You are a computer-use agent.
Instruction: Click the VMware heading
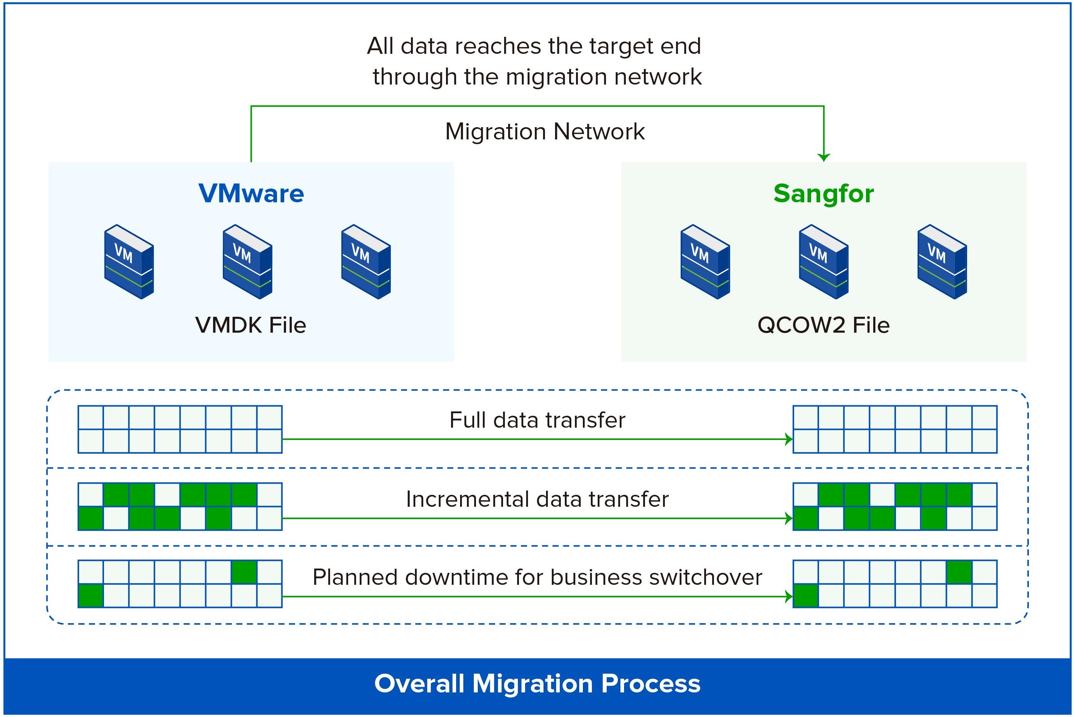251,193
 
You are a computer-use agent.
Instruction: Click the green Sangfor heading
823,193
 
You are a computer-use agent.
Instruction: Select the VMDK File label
251,325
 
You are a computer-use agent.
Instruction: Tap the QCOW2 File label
823,325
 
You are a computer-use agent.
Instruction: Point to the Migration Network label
545,132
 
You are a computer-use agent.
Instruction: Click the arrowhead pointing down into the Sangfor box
823,157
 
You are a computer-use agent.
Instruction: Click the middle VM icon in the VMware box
247,262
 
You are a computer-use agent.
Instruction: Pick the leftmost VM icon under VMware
129,262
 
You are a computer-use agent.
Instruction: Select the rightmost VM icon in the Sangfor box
942,262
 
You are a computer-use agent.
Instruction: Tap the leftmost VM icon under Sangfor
705,262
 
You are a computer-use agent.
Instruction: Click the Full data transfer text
537,420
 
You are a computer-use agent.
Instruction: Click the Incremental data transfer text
537,499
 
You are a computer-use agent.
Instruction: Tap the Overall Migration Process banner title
537,684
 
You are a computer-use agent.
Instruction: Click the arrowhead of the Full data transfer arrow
789,440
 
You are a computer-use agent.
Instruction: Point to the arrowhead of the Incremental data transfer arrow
789,519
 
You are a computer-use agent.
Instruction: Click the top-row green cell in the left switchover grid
244,572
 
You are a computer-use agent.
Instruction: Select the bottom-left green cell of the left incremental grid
91,518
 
